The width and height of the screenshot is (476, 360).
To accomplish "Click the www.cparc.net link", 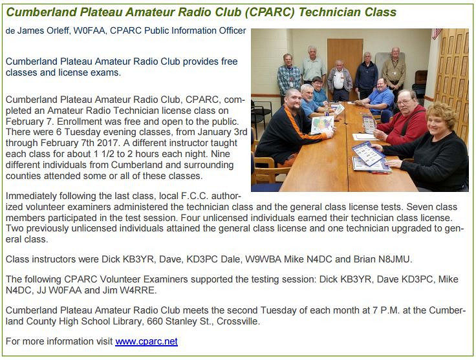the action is coord(146,341).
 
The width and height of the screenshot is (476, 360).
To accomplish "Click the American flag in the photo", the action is coord(437,34).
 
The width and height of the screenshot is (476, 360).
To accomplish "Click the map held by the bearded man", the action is coord(322,125).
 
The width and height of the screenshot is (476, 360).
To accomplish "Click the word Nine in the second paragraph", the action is coord(221,154).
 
